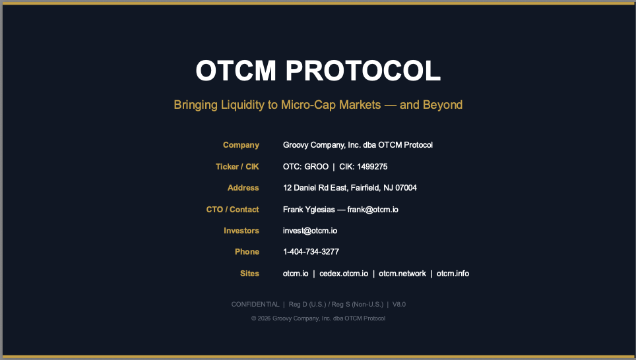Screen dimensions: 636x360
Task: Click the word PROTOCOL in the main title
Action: [x=363, y=71]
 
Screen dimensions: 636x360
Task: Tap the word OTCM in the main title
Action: [x=236, y=71]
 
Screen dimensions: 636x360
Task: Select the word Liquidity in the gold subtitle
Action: [x=242, y=105]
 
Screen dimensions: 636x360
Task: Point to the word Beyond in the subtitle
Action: [x=443, y=105]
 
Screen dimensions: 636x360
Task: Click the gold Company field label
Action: [x=241, y=145]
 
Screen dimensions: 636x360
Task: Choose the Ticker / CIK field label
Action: [x=238, y=167]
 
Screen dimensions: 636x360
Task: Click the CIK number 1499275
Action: [x=372, y=167]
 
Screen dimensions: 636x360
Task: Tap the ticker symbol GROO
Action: [x=317, y=167]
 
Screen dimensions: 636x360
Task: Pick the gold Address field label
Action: [x=243, y=188]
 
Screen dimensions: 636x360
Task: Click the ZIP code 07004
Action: [x=406, y=188]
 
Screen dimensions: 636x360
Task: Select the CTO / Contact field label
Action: [x=232, y=210]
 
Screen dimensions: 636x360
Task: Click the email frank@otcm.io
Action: [x=373, y=210]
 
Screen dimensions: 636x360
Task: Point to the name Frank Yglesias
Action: [x=309, y=210]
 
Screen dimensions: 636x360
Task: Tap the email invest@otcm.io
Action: [x=310, y=231]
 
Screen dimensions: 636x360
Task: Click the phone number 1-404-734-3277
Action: [x=311, y=252]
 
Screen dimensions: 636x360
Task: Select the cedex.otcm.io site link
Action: [x=344, y=274]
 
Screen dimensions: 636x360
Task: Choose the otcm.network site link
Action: [x=402, y=274]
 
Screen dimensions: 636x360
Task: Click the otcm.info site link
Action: [x=453, y=274]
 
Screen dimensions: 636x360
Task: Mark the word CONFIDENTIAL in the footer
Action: [x=255, y=305]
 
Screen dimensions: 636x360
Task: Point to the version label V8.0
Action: [x=399, y=305]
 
